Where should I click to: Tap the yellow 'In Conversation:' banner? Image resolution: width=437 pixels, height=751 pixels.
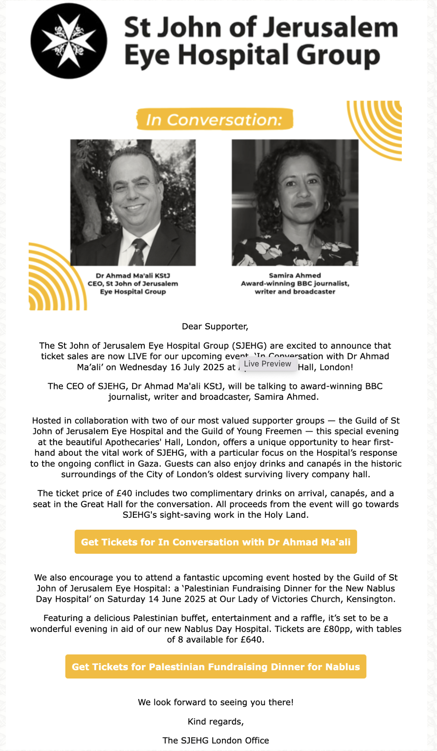(215, 119)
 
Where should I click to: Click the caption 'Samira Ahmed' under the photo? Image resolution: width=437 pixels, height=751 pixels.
(295, 275)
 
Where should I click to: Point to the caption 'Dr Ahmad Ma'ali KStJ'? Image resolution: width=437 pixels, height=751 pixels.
(133, 275)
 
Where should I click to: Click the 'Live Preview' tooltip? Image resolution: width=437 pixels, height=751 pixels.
(267, 364)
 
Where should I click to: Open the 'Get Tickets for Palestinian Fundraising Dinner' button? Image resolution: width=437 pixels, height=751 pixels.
(216, 666)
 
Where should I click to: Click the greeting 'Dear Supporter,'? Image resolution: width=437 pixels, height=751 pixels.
(215, 326)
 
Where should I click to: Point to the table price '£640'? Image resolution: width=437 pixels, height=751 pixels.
(251, 639)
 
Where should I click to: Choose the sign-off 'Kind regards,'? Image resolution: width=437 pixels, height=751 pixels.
(216, 722)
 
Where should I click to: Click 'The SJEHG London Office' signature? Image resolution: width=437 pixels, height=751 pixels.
(216, 740)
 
